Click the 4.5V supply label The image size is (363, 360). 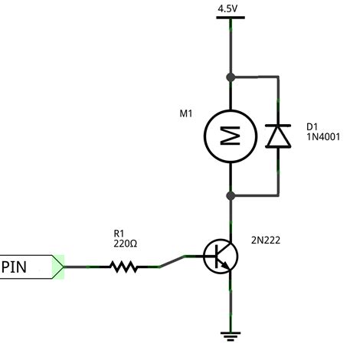pyautogui.click(x=229, y=8)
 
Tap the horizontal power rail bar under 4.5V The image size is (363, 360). pyautogui.click(x=229, y=18)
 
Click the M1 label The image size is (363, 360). pyautogui.click(x=185, y=114)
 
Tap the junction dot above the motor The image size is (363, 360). pyautogui.click(x=229, y=77)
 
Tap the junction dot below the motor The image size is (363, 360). pyautogui.click(x=229, y=195)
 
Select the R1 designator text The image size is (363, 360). pyautogui.click(x=120, y=233)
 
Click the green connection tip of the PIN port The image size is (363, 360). pyautogui.click(x=58, y=267)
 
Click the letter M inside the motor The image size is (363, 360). pyautogui.click(x=229, y=136)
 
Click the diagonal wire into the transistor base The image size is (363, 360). pyautogui.click(x=174, y=262)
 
